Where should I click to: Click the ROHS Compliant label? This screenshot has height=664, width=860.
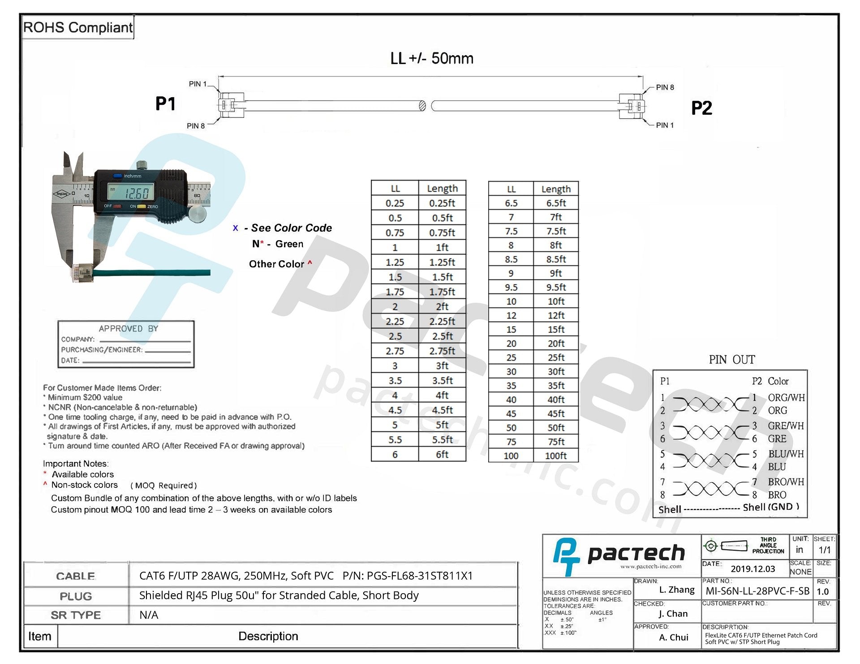pos(77,27)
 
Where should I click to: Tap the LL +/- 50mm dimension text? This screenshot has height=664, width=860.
pos(431,58)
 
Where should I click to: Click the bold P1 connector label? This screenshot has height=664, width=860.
pos(165,104)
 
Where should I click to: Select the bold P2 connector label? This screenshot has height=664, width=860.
pos(701,108)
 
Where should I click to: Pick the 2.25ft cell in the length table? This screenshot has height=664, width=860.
pos(442,321)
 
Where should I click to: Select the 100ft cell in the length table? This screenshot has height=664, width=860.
pos(555,456)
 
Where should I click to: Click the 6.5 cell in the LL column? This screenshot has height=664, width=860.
pos(511,203)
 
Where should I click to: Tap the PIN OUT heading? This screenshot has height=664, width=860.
pos(731,360)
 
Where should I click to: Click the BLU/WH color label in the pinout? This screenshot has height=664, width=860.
pos(786,454)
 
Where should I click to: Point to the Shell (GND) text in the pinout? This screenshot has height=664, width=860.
pos(770,507)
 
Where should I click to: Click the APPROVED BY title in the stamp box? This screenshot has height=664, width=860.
pos(128,328)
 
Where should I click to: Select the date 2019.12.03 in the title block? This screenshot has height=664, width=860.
pos(752,569)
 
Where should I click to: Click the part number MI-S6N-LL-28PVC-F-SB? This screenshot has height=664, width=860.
pos(757,591)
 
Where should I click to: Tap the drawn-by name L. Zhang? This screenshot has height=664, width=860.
pos(676,590)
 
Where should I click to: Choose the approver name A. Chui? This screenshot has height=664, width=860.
pos(673,637)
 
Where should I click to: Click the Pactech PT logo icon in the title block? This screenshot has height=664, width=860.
pos(566,556)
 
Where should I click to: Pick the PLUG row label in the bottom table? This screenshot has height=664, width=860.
pos(76,596)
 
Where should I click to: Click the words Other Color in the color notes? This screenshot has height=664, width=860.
pos(276,264)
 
